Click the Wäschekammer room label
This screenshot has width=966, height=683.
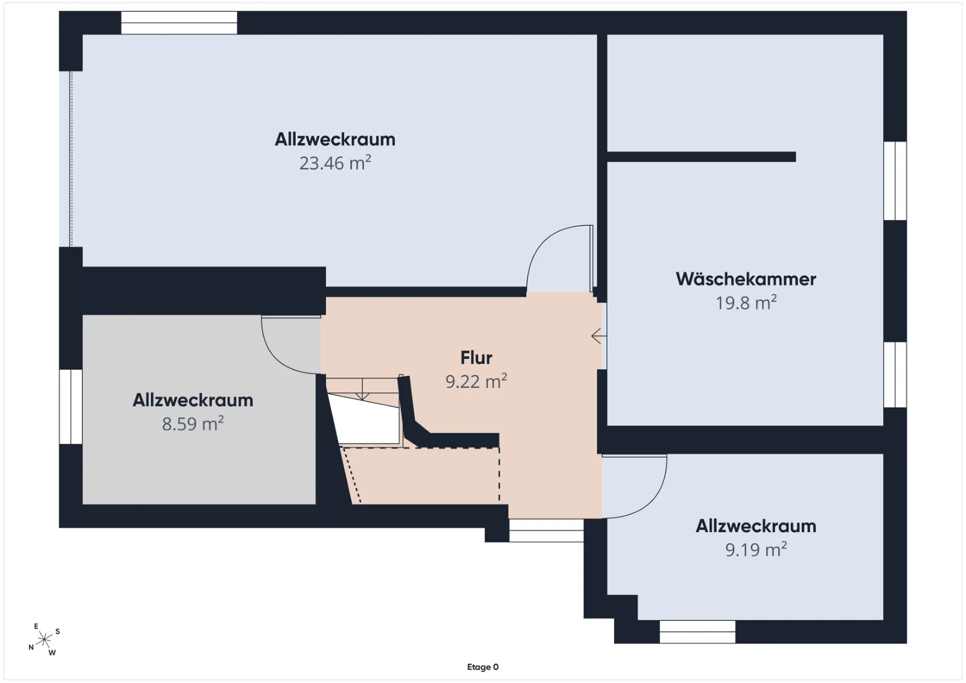[x=746, y=279]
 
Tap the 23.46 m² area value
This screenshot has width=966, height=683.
[x=335, y=163]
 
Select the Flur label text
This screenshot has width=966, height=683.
[x=476, y=358]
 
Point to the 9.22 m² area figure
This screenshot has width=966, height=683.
[x=476, y=381]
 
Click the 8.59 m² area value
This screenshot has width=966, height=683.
[x=193, y=423]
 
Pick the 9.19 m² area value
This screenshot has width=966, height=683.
[x=756, y=550]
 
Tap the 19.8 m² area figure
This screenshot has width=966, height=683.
[x=746, y=302]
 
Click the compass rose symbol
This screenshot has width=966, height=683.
[x=44, y=640]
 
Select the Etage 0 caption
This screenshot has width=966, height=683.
[x=482, y=667]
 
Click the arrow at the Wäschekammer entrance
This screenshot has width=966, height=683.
[x=599, y=335]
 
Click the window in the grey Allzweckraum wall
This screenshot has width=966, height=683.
[x=71, y=407]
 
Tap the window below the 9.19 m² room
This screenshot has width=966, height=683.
[x=697, y=632]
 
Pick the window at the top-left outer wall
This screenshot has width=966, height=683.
[x=179, y=23]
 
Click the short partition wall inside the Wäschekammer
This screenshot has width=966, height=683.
[x=701, y=157]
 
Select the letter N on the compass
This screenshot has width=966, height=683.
[x=31, y=647]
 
